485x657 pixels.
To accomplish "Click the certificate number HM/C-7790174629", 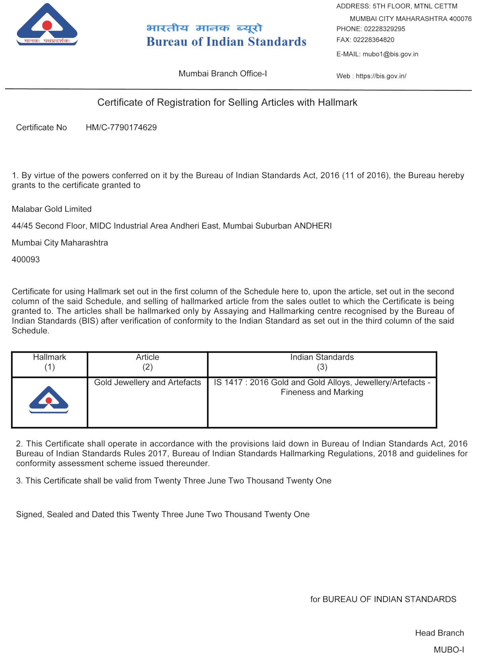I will (121, 128).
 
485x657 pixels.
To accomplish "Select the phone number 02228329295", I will (384, 29).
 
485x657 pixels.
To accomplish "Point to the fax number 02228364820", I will (374, 40).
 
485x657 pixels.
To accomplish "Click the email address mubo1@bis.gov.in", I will (390, 54).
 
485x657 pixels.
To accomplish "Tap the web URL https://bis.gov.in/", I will (381, 76).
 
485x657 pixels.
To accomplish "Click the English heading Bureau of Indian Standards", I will (226, 42).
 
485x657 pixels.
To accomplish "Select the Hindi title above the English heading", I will (204, 28).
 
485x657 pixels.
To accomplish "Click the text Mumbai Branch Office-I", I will (223, 74).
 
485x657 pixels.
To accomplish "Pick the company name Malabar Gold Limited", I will (52, 209).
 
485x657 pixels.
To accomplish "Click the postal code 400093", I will (26, 260).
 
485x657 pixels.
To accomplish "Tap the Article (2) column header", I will (148, 362).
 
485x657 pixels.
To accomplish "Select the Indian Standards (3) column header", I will (322, 362).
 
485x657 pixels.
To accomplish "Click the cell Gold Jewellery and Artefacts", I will (148, 382).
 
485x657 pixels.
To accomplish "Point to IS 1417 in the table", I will (228, 382).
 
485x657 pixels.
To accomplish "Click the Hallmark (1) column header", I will (50, 362).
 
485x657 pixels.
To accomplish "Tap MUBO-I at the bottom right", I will (449, 649).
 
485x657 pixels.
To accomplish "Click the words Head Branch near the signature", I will (439, 633).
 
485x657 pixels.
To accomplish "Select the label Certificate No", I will (42, 128).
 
